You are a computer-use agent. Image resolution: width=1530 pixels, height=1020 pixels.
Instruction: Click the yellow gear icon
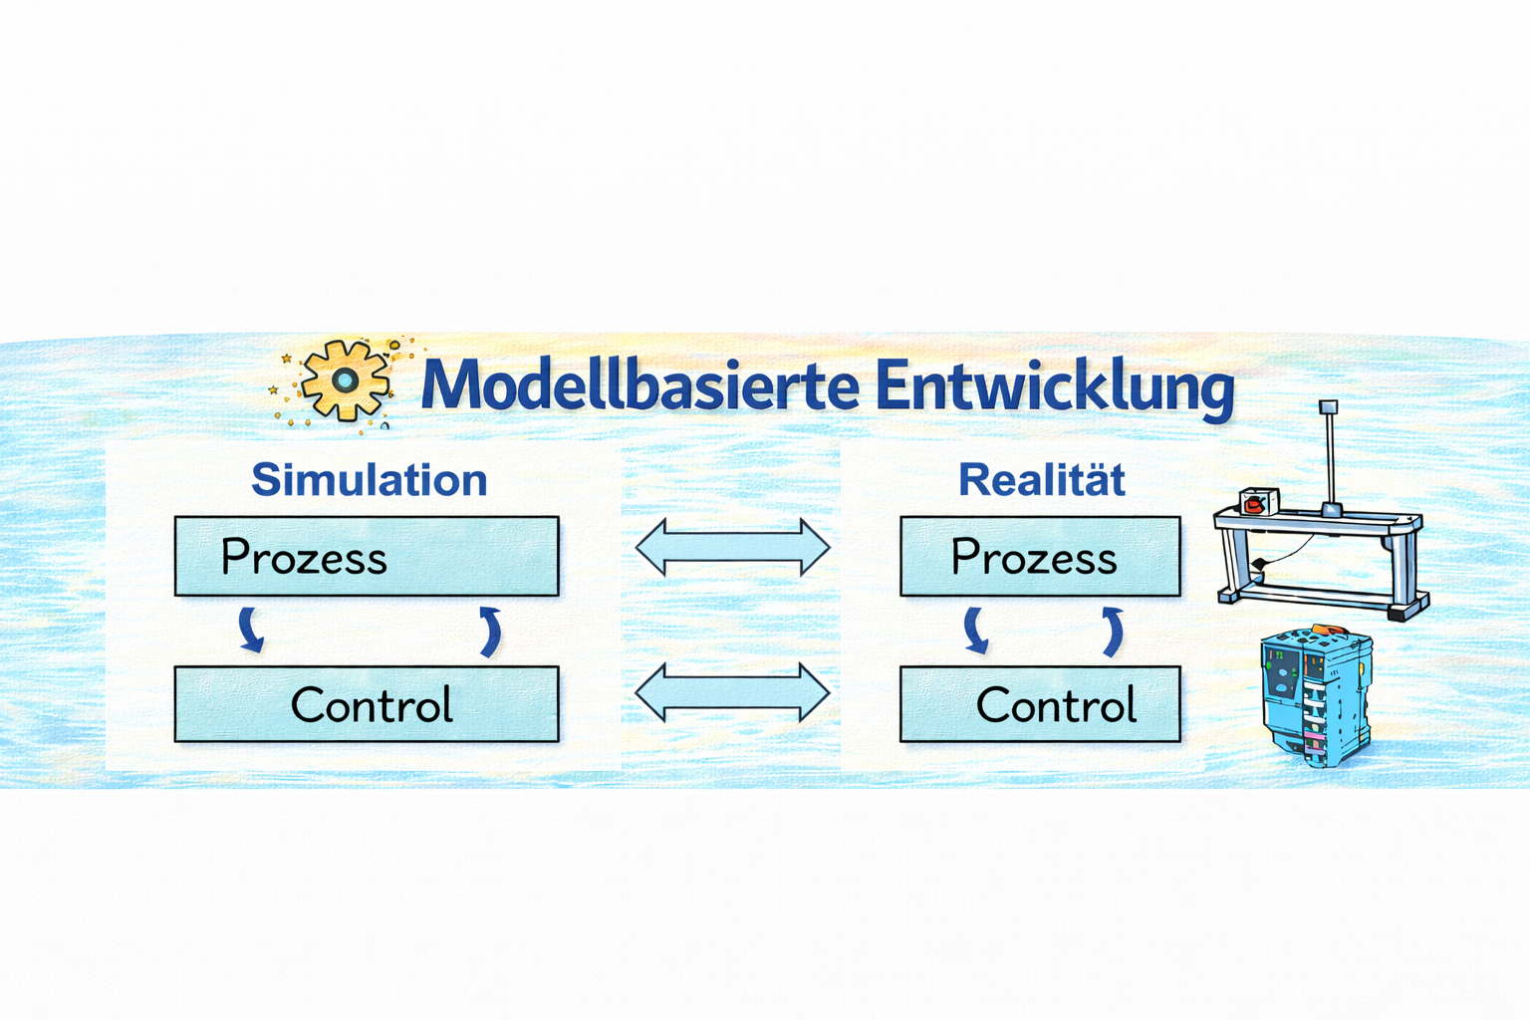(x=345, y=381)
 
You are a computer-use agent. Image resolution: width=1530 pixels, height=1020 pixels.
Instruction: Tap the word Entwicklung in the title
(x=1054, y=386)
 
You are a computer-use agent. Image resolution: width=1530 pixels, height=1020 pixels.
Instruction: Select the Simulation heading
(x=369, y=480)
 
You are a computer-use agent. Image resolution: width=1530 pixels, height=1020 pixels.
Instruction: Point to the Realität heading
(x=1041, y=480)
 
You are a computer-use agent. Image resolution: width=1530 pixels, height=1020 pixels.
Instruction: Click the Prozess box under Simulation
(x=367, y=556)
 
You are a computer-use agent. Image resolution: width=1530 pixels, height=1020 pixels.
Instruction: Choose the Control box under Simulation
(x=367, y=704)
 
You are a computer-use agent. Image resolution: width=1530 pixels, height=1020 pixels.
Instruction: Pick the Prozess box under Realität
(x=1040, y=556)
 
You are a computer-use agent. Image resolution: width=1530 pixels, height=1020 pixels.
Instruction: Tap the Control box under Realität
(x=1040, y=704)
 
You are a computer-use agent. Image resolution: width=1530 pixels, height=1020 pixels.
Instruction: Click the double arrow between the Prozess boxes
(x=732, y=547)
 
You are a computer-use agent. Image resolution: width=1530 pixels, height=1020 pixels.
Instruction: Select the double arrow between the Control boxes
(x=732, y=692)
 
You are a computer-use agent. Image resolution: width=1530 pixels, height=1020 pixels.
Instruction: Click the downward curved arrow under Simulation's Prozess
(x=251, y=631)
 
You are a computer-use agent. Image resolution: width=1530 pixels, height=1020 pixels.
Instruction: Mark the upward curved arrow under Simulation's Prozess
(x=489, y=632)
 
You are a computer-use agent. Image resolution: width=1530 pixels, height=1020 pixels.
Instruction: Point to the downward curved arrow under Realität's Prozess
(x=976, y=632)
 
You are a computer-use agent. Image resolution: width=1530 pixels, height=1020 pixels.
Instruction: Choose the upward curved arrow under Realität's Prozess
(x=1113, y=632)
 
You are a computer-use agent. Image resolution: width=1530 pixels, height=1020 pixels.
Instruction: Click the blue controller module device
(x=1315, y=697)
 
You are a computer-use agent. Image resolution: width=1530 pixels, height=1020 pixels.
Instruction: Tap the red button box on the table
(x=1257, y=501)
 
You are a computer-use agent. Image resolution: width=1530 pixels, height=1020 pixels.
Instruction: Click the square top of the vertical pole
(x=1328, y=406)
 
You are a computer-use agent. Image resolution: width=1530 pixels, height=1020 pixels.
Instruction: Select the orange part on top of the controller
(x=1325, y=630)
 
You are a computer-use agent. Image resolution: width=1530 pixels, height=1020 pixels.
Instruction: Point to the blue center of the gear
(x=345, y=380)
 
